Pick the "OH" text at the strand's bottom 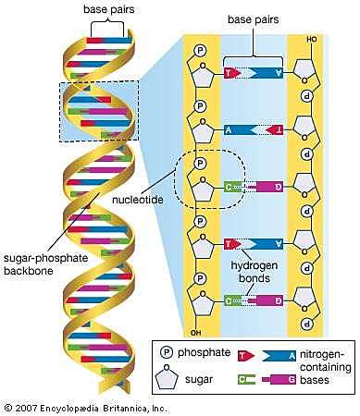click(192, 333)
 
